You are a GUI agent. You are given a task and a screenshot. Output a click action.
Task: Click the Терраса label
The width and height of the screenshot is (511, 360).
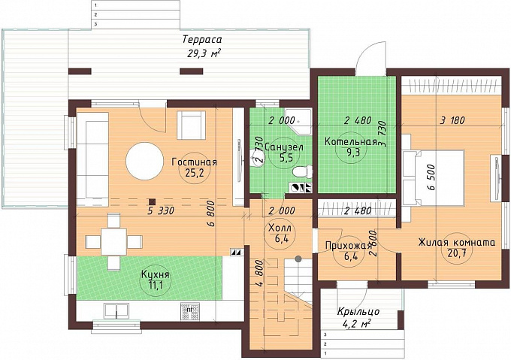coord(202,40)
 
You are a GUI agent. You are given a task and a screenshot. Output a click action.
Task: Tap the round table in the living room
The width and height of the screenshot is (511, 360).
coord(145,160)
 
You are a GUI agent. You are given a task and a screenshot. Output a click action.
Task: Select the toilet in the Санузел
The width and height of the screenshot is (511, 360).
coord(302,171)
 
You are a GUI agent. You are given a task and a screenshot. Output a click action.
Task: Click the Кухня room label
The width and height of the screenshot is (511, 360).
coord(155,274)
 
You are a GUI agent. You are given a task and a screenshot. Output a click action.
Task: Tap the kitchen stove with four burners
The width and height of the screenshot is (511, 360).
coord(189,311)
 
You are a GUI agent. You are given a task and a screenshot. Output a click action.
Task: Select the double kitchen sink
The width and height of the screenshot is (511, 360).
coord(116,311)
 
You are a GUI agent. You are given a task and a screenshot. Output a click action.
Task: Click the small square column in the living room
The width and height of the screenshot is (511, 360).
coord(152,202)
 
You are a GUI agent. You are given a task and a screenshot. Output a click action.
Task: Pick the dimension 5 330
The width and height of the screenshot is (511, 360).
coord(161,210)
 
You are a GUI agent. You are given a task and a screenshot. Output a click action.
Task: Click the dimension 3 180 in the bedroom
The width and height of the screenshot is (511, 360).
coord(452,120)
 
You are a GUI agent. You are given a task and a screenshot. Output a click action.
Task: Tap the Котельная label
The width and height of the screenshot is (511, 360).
coord(351,142)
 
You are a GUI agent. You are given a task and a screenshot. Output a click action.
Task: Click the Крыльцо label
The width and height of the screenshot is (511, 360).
coord(358,311)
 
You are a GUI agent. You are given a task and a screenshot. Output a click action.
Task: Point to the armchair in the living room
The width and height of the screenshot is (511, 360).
coord(192,125)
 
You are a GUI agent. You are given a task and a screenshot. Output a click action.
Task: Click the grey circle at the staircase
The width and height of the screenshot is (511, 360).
coord(298,259)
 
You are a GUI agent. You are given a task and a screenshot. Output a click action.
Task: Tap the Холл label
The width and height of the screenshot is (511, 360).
coord(280,228)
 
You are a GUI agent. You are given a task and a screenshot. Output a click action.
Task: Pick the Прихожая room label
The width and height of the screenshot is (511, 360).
coord(349,246)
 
